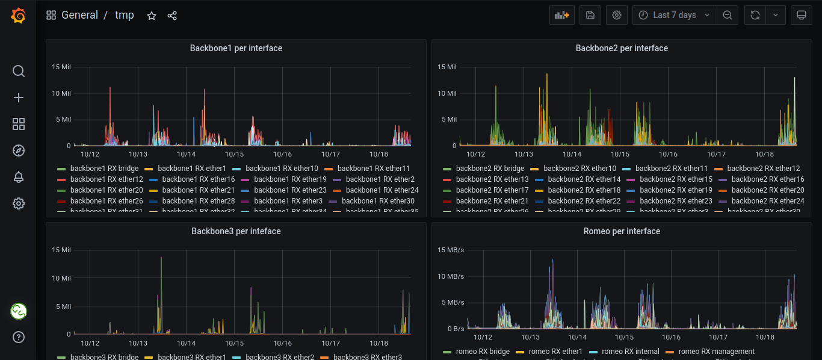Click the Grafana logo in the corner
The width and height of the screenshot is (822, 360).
tap(19, 16)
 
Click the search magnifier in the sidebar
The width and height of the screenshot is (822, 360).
tap(19, 71)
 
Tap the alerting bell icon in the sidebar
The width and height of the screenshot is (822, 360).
tap(19, 177)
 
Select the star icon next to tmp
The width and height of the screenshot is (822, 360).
tap(152, 16)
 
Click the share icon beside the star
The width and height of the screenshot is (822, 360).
tap(172, 16)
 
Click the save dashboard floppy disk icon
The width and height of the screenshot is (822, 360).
tap(590, 15)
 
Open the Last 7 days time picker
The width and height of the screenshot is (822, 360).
tap(675, 15)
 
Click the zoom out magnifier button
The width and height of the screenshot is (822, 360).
tap(728, 15)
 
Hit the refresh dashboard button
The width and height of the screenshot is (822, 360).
tap(755, 15)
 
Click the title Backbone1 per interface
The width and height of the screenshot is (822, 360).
tap(236, 48)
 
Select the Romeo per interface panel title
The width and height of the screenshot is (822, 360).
tap(622, 231)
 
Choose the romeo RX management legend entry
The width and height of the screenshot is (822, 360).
tap(716, 352)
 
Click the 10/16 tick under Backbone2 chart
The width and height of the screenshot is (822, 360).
tap(669, 155)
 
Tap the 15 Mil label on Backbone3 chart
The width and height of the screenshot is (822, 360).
tap(61, 250)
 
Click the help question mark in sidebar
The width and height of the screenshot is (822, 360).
tap(19, 337)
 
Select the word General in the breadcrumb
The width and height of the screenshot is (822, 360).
tap(79, 15)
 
